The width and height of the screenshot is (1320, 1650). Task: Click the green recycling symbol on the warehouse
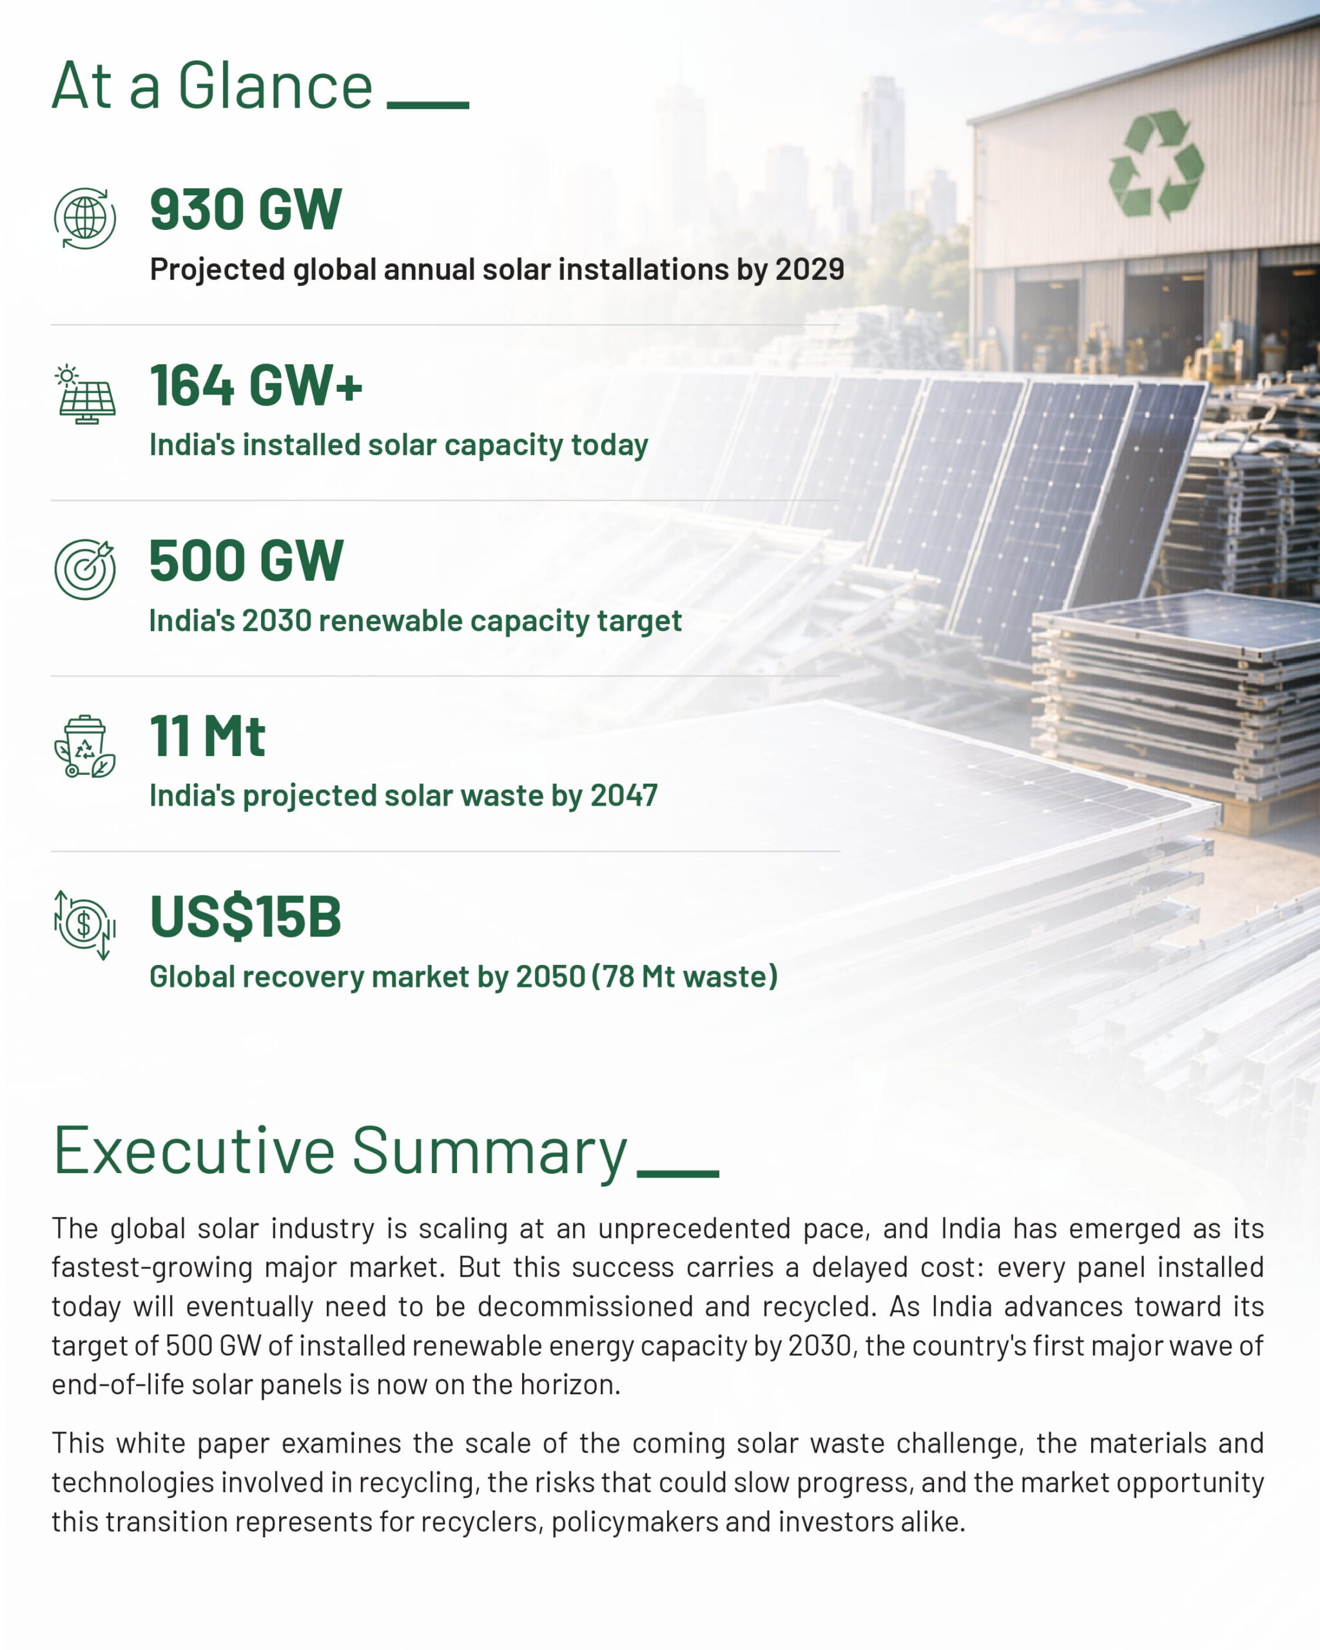pos(1156,164)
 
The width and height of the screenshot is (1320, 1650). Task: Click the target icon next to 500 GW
pos(85,568)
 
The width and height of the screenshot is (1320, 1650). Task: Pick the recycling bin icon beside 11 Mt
pos(85,746)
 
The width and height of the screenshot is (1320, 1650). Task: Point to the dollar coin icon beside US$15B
pos(85,924)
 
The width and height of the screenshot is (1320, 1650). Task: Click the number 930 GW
pos(246,209)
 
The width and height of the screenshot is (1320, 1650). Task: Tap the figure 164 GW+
pos(256,385)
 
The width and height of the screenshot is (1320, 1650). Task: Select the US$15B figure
pos(245,916)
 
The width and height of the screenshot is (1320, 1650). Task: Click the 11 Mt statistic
pos(208,736)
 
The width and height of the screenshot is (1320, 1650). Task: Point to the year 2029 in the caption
pos(810,269)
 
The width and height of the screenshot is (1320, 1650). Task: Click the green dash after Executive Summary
pos(678,1174)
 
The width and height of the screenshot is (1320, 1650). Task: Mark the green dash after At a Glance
pos(428,106)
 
